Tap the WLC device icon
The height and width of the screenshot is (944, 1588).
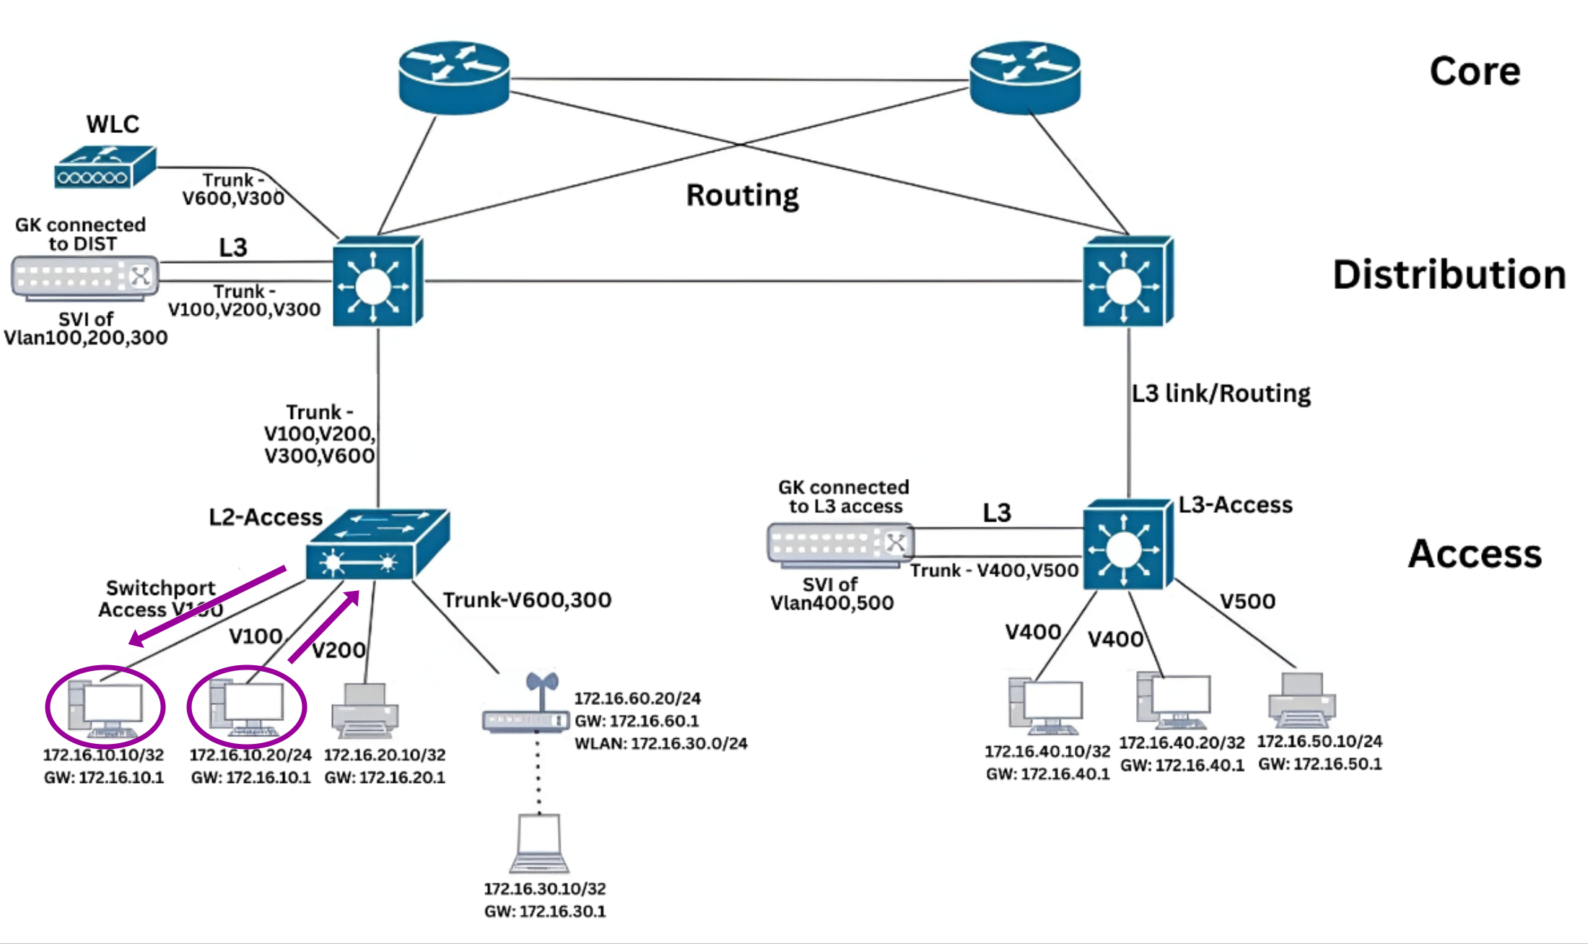[x=105, y=167]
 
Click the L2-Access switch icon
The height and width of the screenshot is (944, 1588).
[x=377, y=545]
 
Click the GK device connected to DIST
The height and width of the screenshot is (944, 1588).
[x=85, y=277]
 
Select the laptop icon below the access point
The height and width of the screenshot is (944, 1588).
[x=539, y=844]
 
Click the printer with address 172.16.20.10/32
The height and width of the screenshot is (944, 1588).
[x=365, y=711]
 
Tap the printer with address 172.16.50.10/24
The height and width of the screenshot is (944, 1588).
[x=1301, y=701]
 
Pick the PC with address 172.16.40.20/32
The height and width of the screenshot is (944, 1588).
[x=1173, y=701]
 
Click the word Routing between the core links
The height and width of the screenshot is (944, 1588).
[x=742, y=195]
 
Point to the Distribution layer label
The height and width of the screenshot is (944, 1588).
[x=1449, y=275]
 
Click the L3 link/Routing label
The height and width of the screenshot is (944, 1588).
[x=1221, y=394]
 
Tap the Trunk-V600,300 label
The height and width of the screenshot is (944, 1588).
[x=527, y=600]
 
